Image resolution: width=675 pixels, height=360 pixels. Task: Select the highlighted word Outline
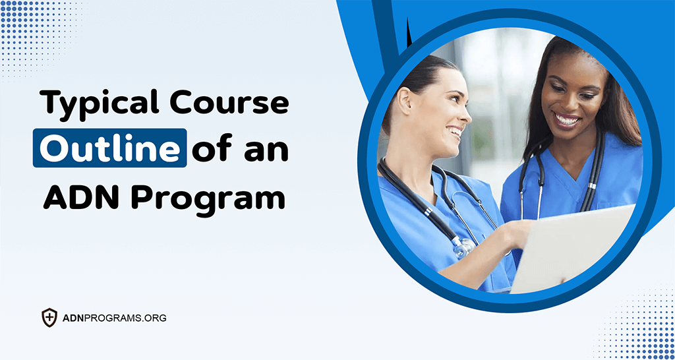pos(109,148)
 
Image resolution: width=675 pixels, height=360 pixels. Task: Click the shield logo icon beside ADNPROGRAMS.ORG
pos(49,318)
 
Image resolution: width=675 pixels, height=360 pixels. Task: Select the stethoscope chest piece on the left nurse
pos(464,247)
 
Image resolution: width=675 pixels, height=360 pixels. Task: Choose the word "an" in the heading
pos(267,149)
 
